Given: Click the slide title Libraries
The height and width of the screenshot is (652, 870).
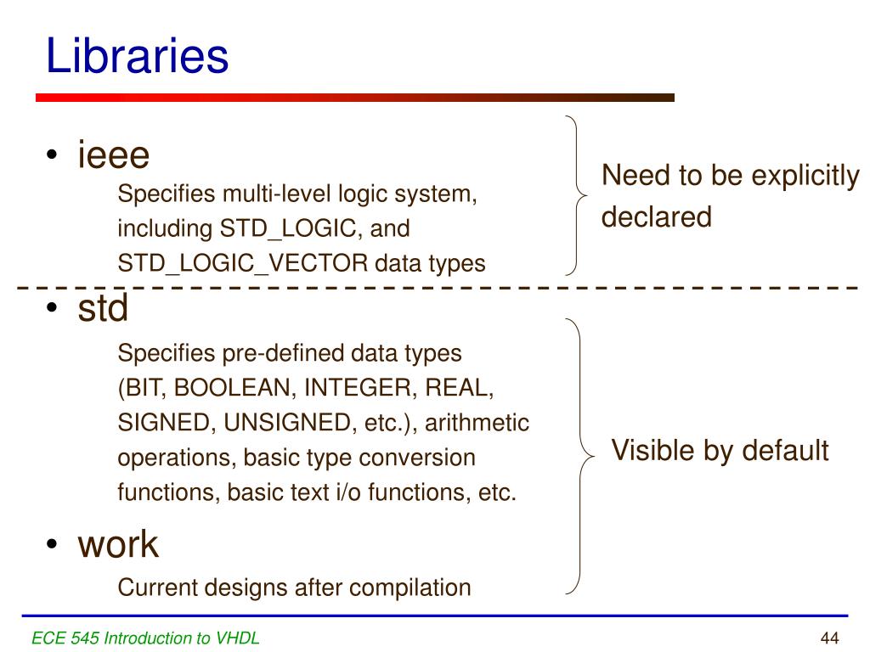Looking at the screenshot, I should pos(137,57).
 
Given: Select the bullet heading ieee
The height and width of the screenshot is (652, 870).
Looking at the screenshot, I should pos(114,156).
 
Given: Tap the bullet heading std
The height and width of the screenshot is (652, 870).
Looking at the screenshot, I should pos(103,309).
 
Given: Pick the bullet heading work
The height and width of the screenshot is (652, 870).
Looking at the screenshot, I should pos(118,544).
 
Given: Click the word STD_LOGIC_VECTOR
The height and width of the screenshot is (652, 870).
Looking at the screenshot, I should pos(243,264).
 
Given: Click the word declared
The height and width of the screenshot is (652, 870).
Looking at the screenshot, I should pos(656,217).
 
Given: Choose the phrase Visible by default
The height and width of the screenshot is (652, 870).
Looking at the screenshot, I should pos(720,451).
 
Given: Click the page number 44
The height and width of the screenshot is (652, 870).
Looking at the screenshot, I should pos(829,638).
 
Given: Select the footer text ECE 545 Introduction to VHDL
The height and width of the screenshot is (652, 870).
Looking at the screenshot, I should pos(145,638).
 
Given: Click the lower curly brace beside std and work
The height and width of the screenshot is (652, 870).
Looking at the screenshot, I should pos(579,456).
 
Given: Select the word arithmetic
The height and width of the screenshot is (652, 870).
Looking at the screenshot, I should pos(477,423).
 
